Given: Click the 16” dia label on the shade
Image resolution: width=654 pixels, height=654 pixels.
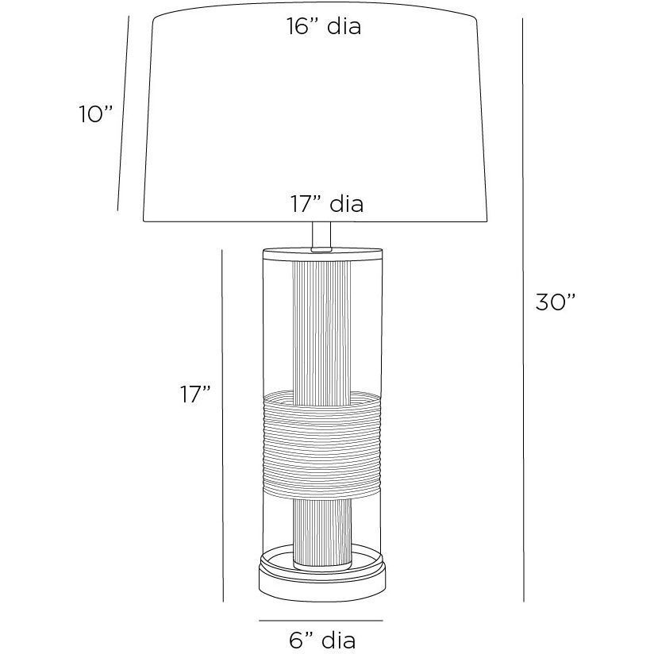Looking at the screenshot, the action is point(324,26).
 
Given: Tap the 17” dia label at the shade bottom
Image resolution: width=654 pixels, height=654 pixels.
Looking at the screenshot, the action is point(327,204).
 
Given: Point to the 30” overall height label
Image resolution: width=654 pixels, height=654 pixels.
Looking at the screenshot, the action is point(556,302).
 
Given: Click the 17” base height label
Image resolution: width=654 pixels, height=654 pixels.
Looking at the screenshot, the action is point(195,394).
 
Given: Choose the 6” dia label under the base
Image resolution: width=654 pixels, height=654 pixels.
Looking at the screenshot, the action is point(322,641).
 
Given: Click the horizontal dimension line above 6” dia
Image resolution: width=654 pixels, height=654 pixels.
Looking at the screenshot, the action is point(321,621).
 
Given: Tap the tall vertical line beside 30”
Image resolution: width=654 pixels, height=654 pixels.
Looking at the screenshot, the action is point(523,310).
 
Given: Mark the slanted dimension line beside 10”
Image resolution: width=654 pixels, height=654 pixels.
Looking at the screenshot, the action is point(124,113).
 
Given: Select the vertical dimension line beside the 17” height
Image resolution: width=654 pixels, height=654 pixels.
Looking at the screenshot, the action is point(223,425).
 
